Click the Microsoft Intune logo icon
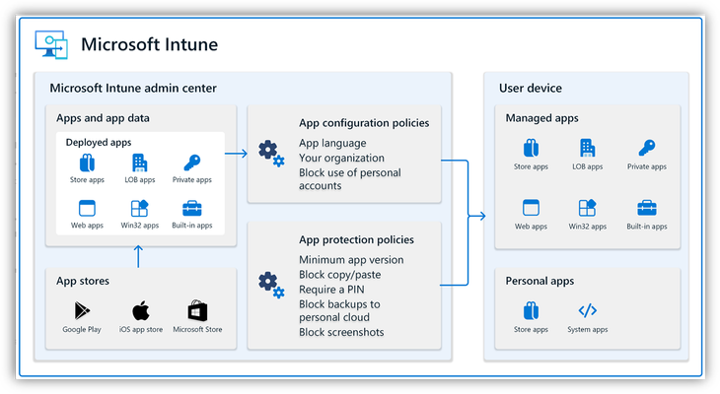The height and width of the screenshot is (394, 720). (x=51, y=44)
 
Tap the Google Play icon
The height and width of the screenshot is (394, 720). (x=82, y=311)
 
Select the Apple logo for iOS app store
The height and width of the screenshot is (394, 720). (x=141, y=310)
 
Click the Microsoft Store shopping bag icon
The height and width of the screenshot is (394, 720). (x=197, y=310)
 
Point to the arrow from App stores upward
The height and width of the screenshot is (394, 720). (x=138, y=256)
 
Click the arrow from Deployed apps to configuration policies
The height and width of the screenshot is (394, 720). (x=236, y=154)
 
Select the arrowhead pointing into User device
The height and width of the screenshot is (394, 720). (x=480, y=216)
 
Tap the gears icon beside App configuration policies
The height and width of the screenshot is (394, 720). (x=271, y=154)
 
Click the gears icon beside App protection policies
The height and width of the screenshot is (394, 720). (x=271, y=286)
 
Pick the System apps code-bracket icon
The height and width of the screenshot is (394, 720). (x=587, y=310)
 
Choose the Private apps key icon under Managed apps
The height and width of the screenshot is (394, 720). (x=647, y=148)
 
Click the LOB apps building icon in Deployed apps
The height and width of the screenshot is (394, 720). (x=140, y=163)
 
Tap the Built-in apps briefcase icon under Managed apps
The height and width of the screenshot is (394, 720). (x=647, y=208)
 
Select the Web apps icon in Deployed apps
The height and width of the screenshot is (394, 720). (x=87, y=208)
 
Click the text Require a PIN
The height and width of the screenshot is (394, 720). (x=331, y=290)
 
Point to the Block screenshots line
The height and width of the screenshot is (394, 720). (x=341, y=332)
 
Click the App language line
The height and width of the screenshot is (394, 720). (x=332, y=143)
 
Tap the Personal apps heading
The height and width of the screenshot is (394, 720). (x=540, y=281)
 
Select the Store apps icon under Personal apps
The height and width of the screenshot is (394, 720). (x=531, y=310)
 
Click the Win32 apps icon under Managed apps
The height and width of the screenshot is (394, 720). (x=587, y=208)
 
